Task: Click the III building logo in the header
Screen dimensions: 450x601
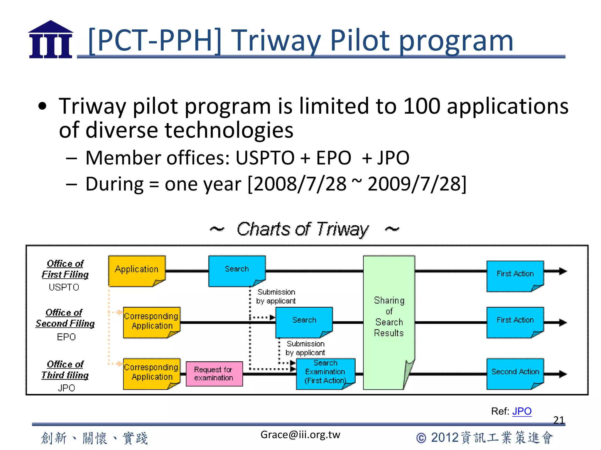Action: coord(50,40)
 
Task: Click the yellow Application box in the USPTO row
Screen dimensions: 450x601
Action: coord(137,270)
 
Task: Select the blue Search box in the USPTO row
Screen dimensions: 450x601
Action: coord(237,270)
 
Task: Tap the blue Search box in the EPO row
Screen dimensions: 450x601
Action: coord(304,321)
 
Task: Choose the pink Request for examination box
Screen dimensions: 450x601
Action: coord(214,374)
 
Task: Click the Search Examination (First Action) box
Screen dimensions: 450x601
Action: coord(325,373)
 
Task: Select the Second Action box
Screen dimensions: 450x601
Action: coord(515,373)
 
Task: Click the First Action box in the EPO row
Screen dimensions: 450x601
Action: coord(515,321)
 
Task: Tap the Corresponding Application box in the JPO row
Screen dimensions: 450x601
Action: coord(151,373)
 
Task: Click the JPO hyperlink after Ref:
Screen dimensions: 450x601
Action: coord(522,411)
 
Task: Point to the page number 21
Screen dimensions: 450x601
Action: coord(558,420)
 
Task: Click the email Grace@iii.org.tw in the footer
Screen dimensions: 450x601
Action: coord(300,435)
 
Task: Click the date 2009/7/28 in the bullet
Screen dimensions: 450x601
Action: coord(416,184)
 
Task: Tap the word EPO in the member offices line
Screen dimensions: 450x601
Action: coord(334,158)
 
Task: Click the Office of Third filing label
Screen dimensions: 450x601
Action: coord(65,370)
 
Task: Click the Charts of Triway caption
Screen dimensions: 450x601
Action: coord(303,229)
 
